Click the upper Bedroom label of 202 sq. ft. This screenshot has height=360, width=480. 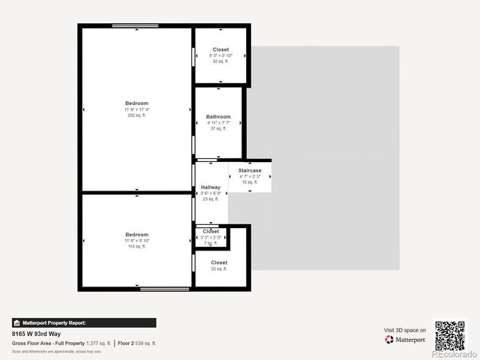pos(136,103)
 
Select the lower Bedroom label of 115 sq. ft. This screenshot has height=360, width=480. pos(136,235)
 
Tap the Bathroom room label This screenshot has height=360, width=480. pos(218,117)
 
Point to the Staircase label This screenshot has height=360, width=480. pos(250,171)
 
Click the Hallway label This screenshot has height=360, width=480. pos(211,187)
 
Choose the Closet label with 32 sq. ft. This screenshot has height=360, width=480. pos(220,49)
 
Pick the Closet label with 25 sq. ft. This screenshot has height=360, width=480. pos(219,263)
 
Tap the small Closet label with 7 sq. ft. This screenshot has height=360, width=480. pos(211,232)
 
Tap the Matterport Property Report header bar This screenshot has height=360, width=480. pos(84,322)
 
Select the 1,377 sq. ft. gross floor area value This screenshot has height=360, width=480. pos(98,343)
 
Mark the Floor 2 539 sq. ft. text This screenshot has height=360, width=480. pos(138,343)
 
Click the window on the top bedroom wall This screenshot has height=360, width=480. pos(135,25)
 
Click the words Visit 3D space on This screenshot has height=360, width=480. pos(405,330)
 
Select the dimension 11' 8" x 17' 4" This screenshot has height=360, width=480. pos(136,109)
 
